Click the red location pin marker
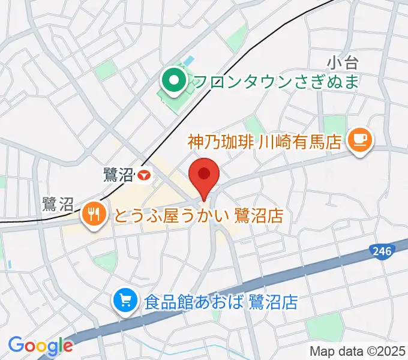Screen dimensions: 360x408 [x=204, y=176]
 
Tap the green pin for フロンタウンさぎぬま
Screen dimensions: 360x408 [x=174, y=80]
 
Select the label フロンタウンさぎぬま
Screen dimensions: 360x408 [x=277, y=80]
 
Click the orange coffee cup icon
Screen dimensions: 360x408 [x=361, y=141]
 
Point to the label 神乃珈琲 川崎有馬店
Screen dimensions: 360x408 [x=264, y=142]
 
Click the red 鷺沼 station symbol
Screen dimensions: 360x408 [x=144, y=175]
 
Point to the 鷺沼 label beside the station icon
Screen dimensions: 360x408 [x=118, y=175]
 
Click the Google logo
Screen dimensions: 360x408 [x=40, y=346]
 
